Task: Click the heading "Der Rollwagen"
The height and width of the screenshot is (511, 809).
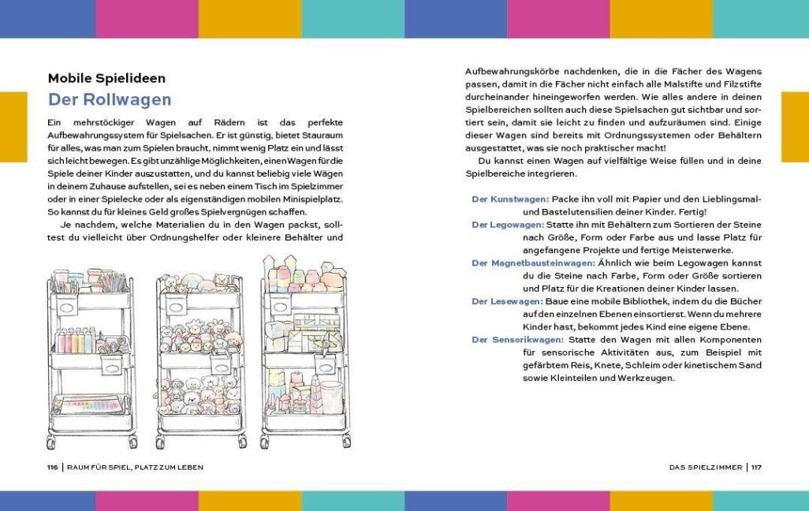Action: click(x=110, y=100)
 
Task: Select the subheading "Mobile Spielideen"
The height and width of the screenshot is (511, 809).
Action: click(x=106, y=78)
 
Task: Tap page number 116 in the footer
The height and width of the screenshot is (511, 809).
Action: click(x=53, y=468)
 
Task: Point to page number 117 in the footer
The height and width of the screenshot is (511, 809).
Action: click(x=756, y=468)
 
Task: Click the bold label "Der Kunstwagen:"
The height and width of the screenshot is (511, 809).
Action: click(x=509, y=200)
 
